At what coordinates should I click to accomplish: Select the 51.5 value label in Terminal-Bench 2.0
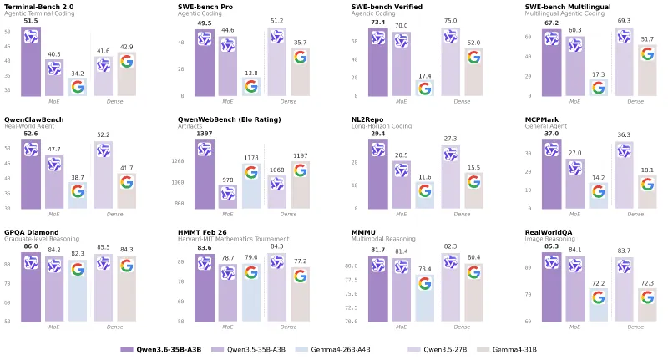coord(31,21)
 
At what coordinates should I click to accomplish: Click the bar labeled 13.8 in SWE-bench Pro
coord(250,86)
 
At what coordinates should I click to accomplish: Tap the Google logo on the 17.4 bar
coord(424,88)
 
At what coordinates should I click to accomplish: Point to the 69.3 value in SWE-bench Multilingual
coord(623,21)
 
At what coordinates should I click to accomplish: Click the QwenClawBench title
coord(33,119)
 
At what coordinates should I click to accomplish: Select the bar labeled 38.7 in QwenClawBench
coord(78,195)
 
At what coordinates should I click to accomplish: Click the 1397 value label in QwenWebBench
coord(205,134)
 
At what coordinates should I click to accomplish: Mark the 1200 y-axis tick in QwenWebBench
coord(178,161)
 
